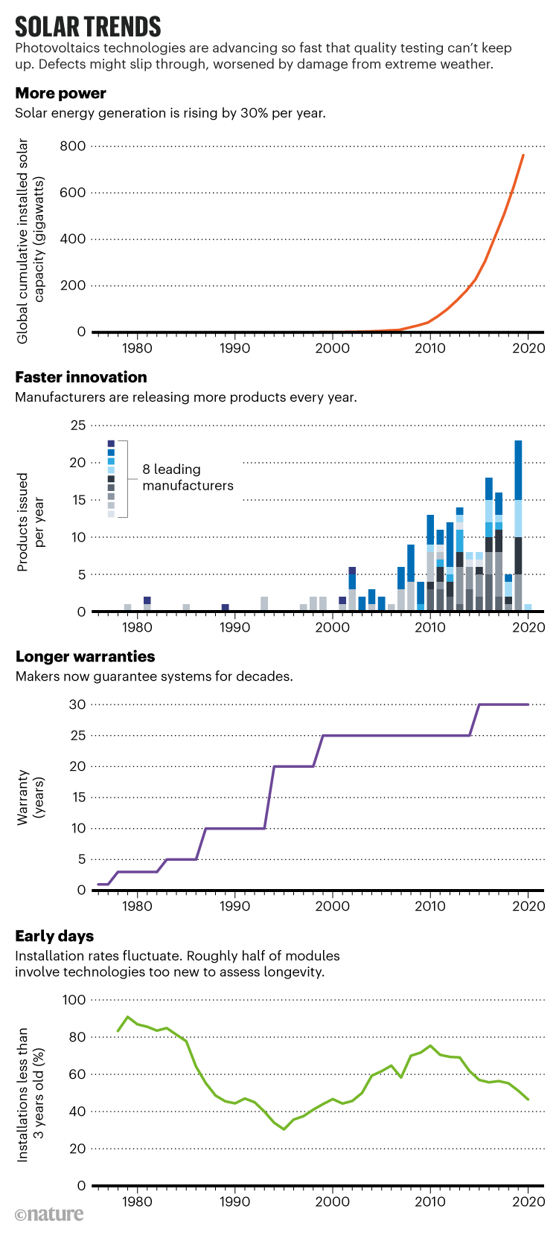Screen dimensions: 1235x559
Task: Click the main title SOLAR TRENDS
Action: pyautogui.click(x=88, y=27)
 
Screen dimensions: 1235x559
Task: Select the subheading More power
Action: pyautogui.click(x=60, y=93)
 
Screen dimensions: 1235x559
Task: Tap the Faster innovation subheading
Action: pyautogui.click(x=80, y=377)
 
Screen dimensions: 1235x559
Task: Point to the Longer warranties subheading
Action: pyautogui.click(x=85, y=656)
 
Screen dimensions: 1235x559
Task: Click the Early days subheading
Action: pyautogui.click(x=54, y=936)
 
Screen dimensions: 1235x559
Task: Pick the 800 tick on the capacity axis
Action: pyautogui.click(x=73, y=146)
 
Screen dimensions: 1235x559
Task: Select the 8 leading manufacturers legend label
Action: pyautogui.click(x=188, y=478)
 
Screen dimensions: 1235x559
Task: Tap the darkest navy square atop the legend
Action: pyautogui.click(x=111, y=443)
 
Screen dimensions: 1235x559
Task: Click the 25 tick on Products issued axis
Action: pyautogui.click(x=77, y=426)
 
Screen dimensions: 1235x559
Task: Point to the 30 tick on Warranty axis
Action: pyautogui.click(x=77, y=705)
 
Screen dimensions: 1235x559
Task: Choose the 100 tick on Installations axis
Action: pyautogui.click(x=74, y=999)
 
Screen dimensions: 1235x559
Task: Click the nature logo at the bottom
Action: pyautogui.click(x=49, y=1214)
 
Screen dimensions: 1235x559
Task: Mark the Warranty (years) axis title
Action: pyautogui.click(x=31, y=797)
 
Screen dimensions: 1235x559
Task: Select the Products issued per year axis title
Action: pyautogui.click(x=31, y=522)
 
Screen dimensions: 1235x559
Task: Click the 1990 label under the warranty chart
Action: pyautogui.click(x=234, y=905)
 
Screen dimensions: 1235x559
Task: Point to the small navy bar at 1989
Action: pyautogui.click(x=225, y=608)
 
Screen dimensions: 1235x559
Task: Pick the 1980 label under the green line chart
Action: pyautogui.click(x=136, y=1201)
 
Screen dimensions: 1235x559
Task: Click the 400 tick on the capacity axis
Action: pyautogui.click(x=73, y=239)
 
